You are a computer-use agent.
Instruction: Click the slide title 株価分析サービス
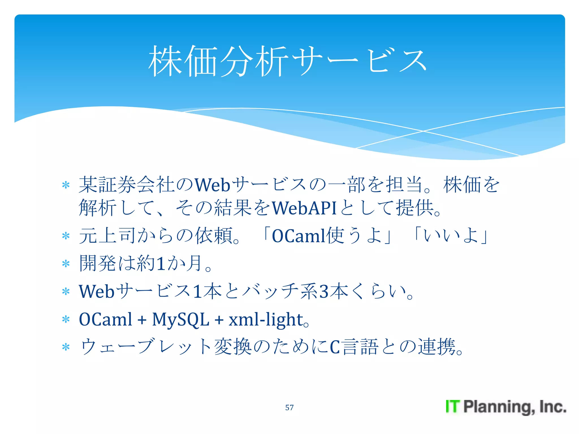[288, 61]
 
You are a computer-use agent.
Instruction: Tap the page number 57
[289, 407]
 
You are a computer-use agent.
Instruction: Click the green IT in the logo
[453, 407]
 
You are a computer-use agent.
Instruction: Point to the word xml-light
[266, 320]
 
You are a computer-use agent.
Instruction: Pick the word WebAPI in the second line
[304, 208]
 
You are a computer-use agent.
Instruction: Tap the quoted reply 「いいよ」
[451, 235]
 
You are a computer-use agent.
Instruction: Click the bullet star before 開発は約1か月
[66, 264]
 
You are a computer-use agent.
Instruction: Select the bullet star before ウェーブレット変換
[66, 347]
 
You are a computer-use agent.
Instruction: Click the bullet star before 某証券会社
[66, 185]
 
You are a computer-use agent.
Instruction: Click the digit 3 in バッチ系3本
[324, 292]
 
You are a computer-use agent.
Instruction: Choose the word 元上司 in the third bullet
[107, 236]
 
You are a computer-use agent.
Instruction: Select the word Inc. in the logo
[553, 407]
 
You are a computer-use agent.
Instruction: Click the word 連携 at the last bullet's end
[437, 347]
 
